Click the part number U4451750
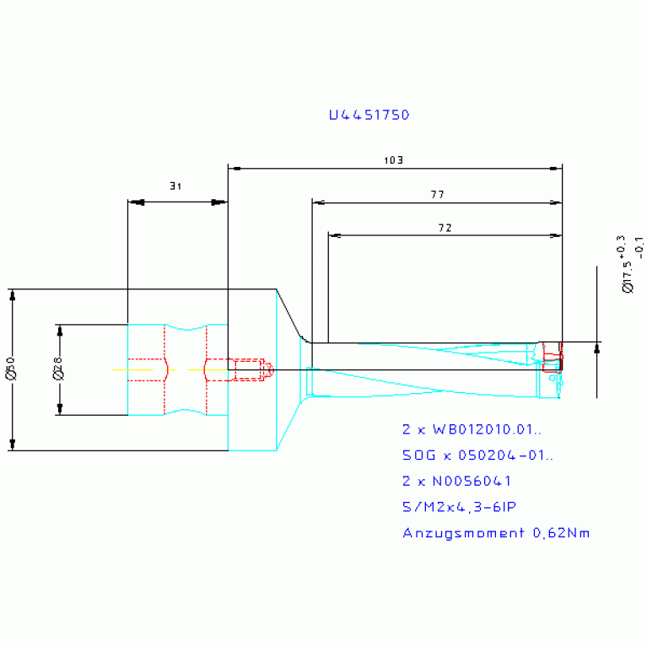(369, 115)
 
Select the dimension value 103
(393, 159)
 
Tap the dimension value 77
(437, 194)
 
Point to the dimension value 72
(445, 228)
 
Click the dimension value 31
(175, 186)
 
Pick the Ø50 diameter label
(10, 369)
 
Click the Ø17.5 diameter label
(626, 276)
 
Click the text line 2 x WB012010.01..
(472, 429)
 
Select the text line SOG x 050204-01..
(478, 456)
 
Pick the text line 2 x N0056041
(456, 481)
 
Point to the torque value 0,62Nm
(560, 532)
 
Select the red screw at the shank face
(250, 369)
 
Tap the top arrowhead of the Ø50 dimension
(13, 295)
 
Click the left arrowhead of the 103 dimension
(235, 169)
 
